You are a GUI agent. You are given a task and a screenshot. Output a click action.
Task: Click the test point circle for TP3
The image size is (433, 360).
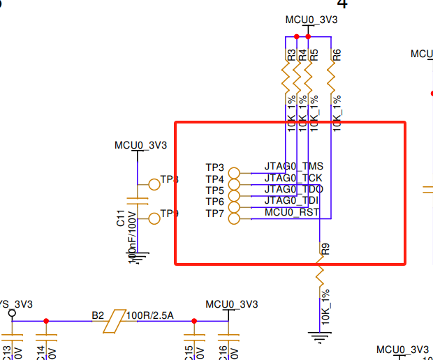coord(234,173)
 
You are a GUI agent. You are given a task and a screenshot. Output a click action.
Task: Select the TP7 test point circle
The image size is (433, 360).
coord(234,218)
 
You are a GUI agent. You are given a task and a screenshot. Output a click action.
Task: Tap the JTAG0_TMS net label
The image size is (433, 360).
coord(293,167)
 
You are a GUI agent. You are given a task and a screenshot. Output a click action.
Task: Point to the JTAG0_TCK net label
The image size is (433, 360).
coord(293,178)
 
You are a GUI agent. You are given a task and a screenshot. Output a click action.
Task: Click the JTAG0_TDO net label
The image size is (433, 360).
coord(293,189)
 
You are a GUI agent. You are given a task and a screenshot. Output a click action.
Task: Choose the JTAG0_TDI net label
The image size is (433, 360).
coord(292,201)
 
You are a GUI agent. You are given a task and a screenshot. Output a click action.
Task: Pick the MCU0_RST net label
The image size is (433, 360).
coord(292,212)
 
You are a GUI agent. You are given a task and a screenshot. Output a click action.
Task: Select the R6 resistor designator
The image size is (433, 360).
coord(337,54)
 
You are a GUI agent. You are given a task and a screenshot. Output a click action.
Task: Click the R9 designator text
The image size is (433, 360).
coord(325,247)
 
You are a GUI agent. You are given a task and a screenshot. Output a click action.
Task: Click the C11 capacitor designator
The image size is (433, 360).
coord(121,218)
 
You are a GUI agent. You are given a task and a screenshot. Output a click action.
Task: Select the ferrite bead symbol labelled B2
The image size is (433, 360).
coord(113,321)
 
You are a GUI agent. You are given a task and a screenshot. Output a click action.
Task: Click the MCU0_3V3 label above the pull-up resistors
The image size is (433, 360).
coord(311,20)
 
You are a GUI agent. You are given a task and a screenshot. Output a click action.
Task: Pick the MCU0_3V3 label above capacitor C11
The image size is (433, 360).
coord(140,145)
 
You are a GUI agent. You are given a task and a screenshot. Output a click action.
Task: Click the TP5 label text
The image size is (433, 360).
coord(214,190)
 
